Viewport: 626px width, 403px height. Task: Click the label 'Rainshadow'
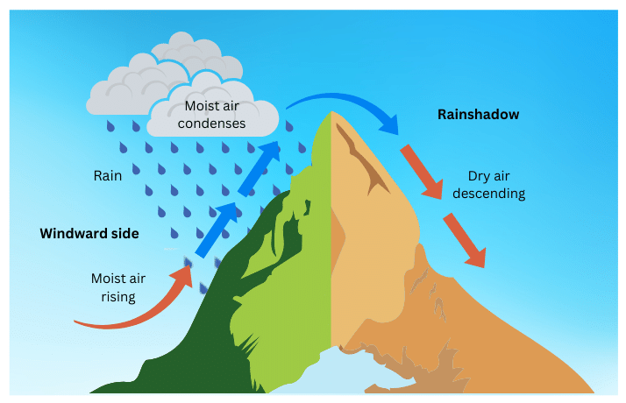coord(478,114)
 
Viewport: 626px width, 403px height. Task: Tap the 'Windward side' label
coord(89,234)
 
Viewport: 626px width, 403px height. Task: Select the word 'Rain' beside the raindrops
coord(108,175)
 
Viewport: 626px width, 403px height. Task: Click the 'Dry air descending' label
coord(496,183)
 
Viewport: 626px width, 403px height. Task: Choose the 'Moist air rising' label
coord(117,287)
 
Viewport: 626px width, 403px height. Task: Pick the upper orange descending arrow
coord(422,172)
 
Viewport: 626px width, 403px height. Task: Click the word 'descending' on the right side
coord(496,193)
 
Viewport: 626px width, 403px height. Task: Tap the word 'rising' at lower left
coord(117,296)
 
